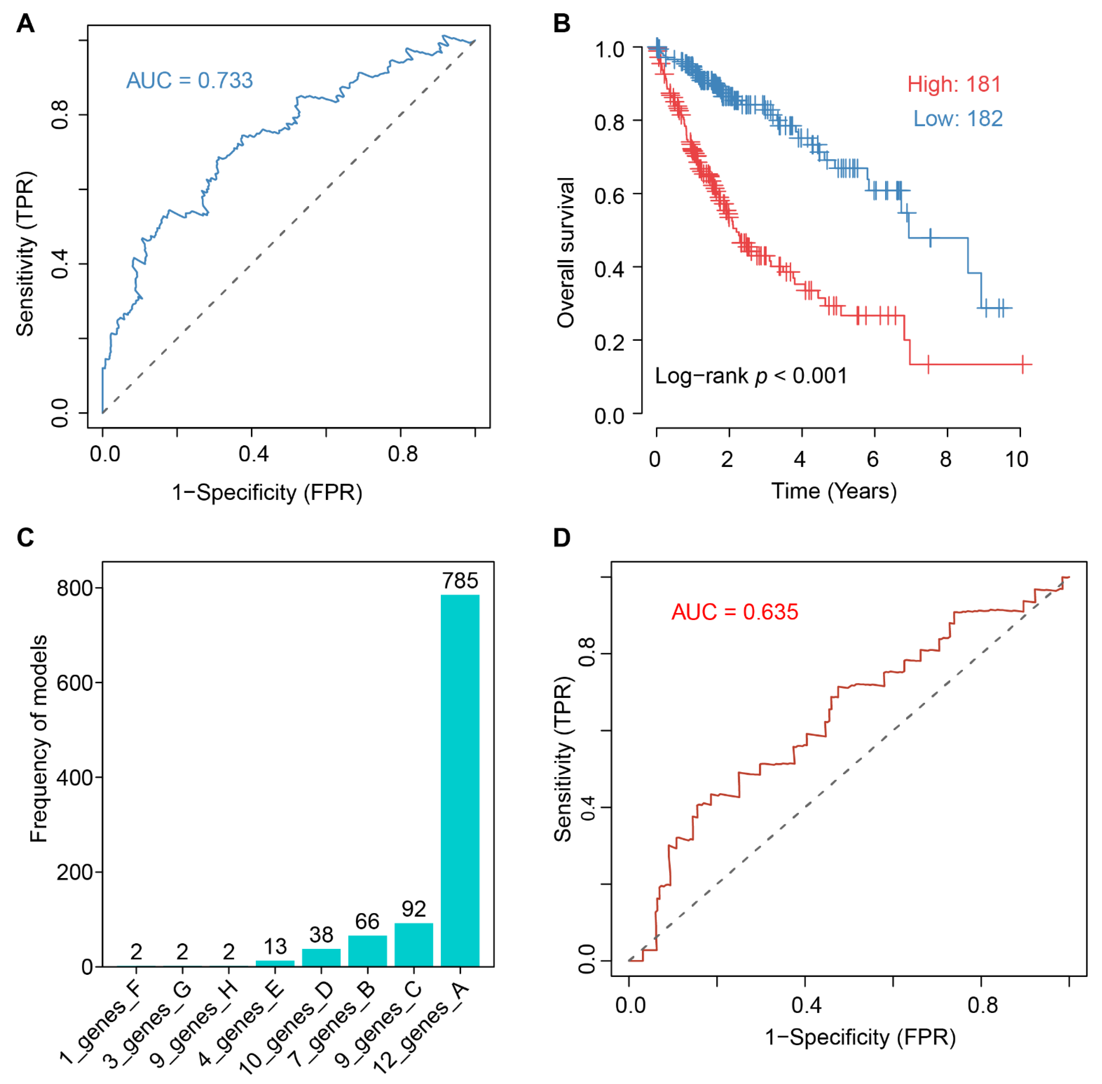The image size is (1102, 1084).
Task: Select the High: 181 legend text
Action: pos(954,84)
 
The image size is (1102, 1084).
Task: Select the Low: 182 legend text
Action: pos(958,119)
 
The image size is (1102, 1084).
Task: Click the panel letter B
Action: pos(562,24)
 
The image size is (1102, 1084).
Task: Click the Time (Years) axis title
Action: pos(834,491)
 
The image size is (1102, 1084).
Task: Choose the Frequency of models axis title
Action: pos(39,739)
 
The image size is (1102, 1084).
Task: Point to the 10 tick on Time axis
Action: pos(1017,459)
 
